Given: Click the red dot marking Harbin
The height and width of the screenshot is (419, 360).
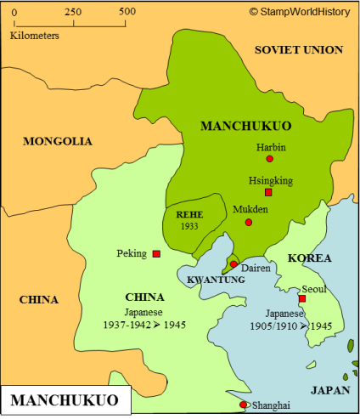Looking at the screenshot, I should tap(270, 159).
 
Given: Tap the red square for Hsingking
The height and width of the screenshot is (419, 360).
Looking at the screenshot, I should tap(268, 193).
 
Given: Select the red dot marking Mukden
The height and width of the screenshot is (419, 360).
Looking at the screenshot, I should tap(249, 223).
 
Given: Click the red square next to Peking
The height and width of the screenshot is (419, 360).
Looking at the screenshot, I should tap(156, 254).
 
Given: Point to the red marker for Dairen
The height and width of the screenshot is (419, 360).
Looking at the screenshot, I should tap(233, 264).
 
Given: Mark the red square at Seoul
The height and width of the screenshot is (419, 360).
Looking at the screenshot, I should tap(301, 298).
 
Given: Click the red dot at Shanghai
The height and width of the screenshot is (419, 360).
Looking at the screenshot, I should tap(244, 405).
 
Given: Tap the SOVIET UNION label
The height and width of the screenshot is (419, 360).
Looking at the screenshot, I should tap(299, 50).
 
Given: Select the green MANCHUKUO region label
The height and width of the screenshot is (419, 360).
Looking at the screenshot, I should tap(245, 126).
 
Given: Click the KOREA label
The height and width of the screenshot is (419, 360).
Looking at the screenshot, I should tap(309, 258).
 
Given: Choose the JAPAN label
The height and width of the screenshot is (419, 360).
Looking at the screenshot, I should tap(329, 391).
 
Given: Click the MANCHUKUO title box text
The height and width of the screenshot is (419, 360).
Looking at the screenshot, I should tap(65, 399).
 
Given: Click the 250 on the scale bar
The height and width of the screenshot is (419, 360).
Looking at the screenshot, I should tap(73, 12).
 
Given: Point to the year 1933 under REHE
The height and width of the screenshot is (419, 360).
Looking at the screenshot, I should tap(188, 227).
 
